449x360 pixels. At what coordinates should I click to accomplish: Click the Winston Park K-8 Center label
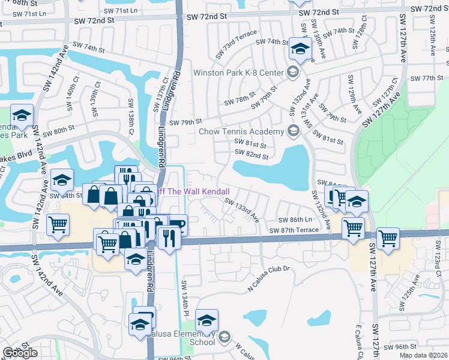(238, 73)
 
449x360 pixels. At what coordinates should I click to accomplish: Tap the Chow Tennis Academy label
(240, 131)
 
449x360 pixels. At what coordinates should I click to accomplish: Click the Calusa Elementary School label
(181, 337)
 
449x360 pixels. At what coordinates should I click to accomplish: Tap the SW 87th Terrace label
(294, 230)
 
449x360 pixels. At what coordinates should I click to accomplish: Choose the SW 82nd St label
(250, 155)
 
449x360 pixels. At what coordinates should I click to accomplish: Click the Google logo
(20, 353)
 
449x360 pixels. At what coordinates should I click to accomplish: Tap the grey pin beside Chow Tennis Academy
(293, 131)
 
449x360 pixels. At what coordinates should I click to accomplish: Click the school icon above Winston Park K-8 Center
(299, 49)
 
